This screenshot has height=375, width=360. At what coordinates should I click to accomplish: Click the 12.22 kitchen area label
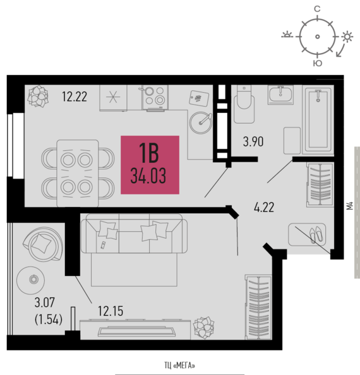(75, 97)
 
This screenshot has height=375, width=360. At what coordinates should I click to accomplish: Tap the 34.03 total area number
(148, 176)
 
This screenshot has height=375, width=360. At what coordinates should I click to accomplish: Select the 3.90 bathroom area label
(253, 141)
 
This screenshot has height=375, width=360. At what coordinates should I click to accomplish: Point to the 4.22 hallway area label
(264, 207)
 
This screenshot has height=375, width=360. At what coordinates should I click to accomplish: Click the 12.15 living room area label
(111, 311)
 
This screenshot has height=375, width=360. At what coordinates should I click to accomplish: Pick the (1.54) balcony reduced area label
(49, 319)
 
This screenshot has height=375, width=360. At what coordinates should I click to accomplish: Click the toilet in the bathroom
(244, 104)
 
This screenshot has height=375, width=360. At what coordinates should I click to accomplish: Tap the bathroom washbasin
(280, 95)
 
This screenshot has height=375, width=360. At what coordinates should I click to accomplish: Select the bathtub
(318, 119)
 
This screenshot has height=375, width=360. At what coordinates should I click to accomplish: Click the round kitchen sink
(201, 122)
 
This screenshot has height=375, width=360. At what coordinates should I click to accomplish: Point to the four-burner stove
(155, 97)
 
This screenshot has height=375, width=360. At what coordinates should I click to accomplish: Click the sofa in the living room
(134, 234)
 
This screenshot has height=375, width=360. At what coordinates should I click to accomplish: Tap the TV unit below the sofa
(135, 330)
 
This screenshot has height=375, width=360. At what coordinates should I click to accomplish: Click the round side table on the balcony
(31, 280)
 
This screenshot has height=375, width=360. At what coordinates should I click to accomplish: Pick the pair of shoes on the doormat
(316, 234)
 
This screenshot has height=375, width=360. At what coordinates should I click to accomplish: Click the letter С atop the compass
(317, 9)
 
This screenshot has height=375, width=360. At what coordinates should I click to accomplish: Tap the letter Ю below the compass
(318, 63)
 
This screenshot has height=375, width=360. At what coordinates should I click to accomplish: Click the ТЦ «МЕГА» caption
(179, 366)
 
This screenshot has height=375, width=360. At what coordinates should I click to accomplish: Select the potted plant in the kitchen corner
(38, 97)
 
